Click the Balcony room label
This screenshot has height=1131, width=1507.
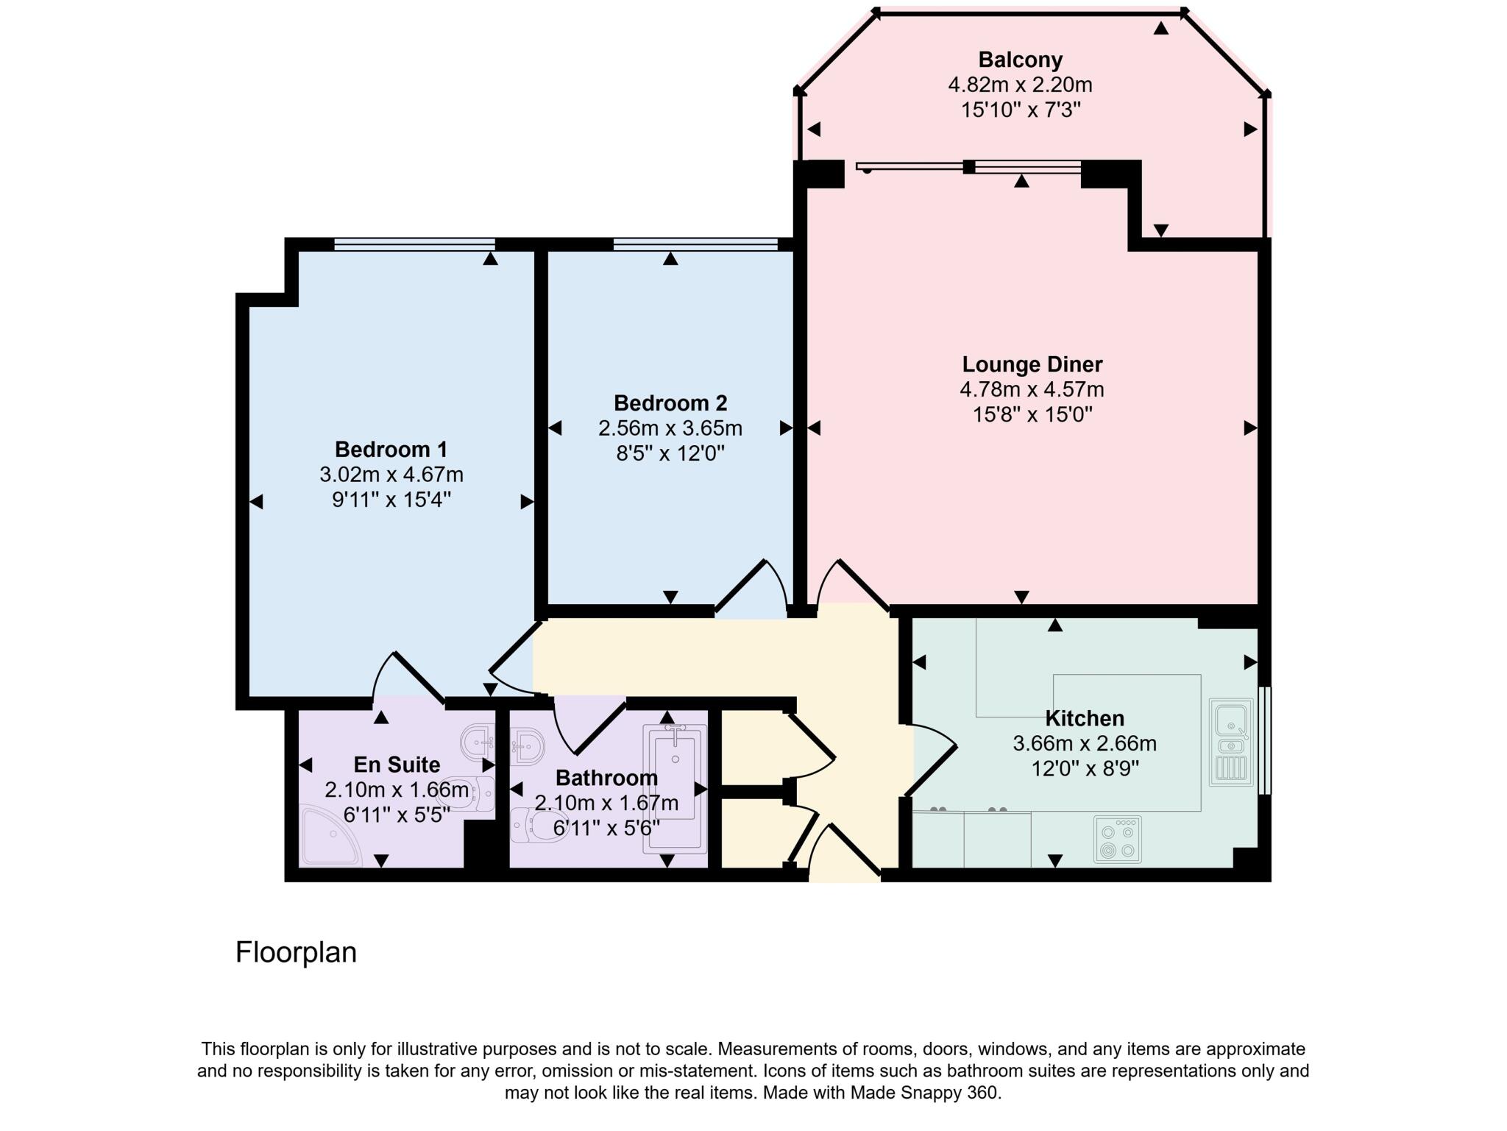tap(1020, 60)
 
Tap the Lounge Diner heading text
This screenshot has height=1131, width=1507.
tap(1032, 364)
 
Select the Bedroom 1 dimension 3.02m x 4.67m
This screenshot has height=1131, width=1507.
tap(391, 475)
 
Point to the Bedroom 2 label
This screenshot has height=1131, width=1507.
tap(670, 403)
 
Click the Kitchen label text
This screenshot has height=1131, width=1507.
tap(1084, 718)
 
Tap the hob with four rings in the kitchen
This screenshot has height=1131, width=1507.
tap(1117, 840)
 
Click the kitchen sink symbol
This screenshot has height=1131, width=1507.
tap(1230, 742)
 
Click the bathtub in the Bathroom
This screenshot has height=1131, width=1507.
tap(675, 789)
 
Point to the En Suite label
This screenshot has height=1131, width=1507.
tap(397, 765)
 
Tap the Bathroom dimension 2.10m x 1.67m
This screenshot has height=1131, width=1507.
tap(606, 803)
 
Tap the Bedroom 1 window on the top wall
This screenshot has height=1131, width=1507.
tap(414, 244)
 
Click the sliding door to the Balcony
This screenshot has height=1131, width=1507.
tap(968, 167)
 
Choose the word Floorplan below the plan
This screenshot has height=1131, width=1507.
tap(296, 952)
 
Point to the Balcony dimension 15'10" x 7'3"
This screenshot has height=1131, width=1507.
tap(1020, 110)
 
